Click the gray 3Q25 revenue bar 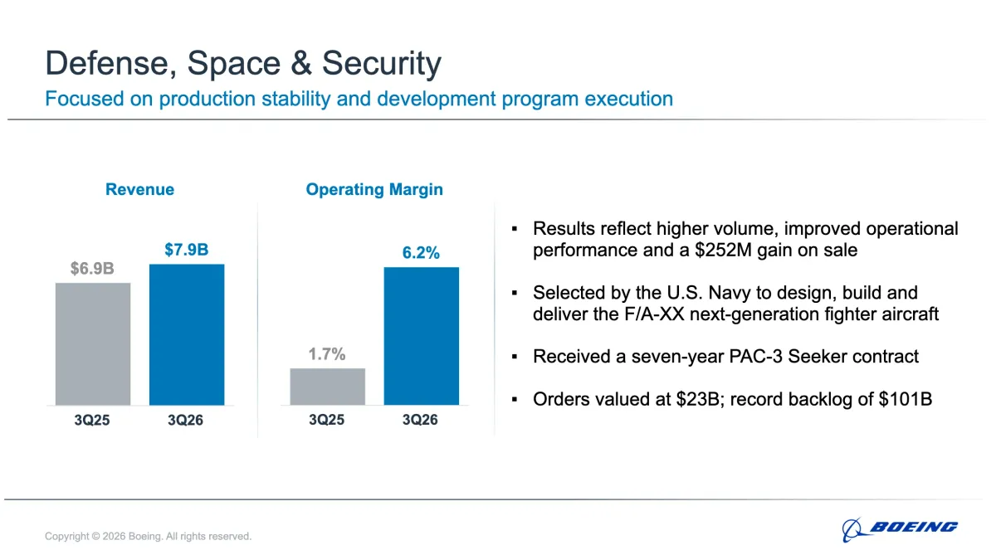click(93, 344)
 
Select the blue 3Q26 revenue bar click(187, 334)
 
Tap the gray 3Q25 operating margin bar click(328, 387)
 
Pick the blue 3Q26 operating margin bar click(422, 336)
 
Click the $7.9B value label click(186, 250)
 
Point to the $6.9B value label click(92, 268)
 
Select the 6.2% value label click(421, 253)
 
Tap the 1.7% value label click(327, 354)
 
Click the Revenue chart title click(139, 189)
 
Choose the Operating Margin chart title click(374, 190)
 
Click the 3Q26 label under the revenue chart click(185, 420)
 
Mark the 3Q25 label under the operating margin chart click(327, 420)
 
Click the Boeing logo click(900, 528)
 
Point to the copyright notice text click(148, 536)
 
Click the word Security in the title click(382, 63)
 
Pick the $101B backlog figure click(906, 399)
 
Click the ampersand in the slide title click(301, 63)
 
